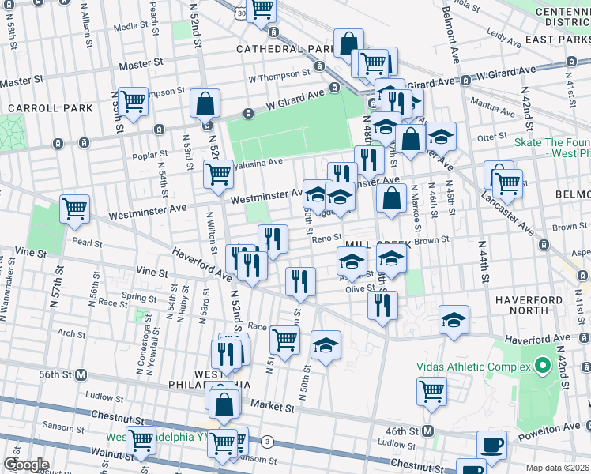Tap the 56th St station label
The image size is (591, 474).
(59, 374)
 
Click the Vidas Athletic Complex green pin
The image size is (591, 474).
(542, 367)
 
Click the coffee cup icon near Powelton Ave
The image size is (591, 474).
(492, 446)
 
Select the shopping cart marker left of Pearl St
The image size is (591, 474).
(75, 210)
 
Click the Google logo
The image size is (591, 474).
(25, 464)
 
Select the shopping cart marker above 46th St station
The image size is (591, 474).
(431, 392)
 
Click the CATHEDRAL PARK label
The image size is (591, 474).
(276, 48)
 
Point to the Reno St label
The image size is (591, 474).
(326, 238)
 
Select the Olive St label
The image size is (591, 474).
(360, 288)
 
